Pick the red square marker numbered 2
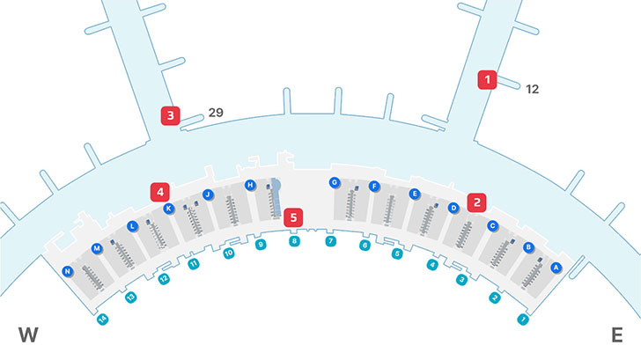point(477,202)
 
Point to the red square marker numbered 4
point(159,191)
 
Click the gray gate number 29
point(216,113)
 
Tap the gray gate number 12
point(532,89)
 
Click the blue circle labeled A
point(556,267)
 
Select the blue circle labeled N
point(67,272)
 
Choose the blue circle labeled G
point(334,182)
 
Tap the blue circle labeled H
point(250,185)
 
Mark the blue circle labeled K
point(168,209)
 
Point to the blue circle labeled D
point(453,209)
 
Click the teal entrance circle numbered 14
point(102,319)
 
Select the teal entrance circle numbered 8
point(294,240)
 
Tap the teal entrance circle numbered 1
point(523,319)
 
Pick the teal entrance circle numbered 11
point(194,263)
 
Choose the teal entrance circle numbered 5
point(397,253)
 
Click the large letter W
point(29,334)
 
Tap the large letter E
point(616,334)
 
